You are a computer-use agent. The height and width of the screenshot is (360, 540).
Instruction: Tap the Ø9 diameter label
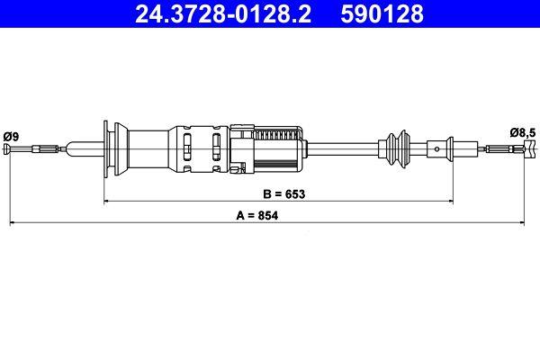pos(12,135)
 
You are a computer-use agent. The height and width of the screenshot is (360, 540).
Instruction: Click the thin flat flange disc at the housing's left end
pos(110,148)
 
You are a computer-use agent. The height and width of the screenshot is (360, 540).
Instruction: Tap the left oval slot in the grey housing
pos(187,149)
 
